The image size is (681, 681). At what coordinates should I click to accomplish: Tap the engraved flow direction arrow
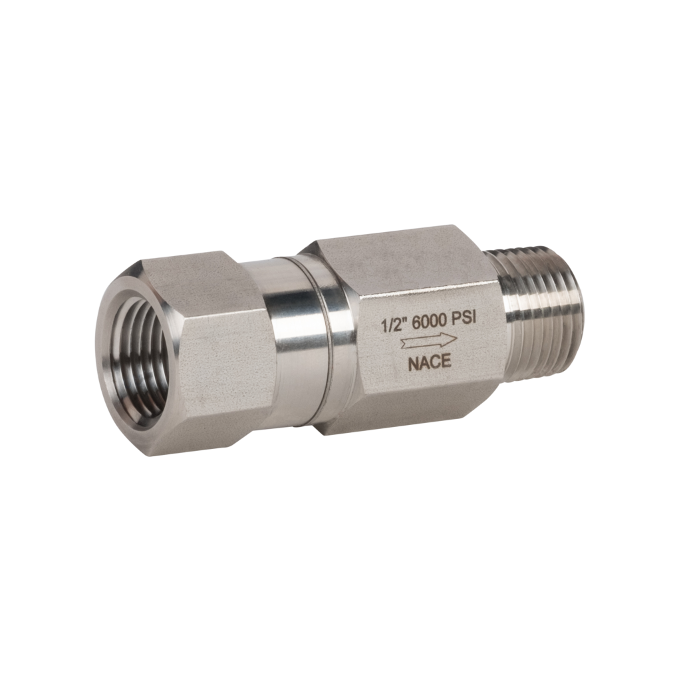tap(429, 340)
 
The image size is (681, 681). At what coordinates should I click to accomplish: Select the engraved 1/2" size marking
tap(392, 325)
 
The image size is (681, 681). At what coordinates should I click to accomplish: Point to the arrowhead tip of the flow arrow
tap(458, 337)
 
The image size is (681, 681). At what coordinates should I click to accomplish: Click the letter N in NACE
tap(414, 364)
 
